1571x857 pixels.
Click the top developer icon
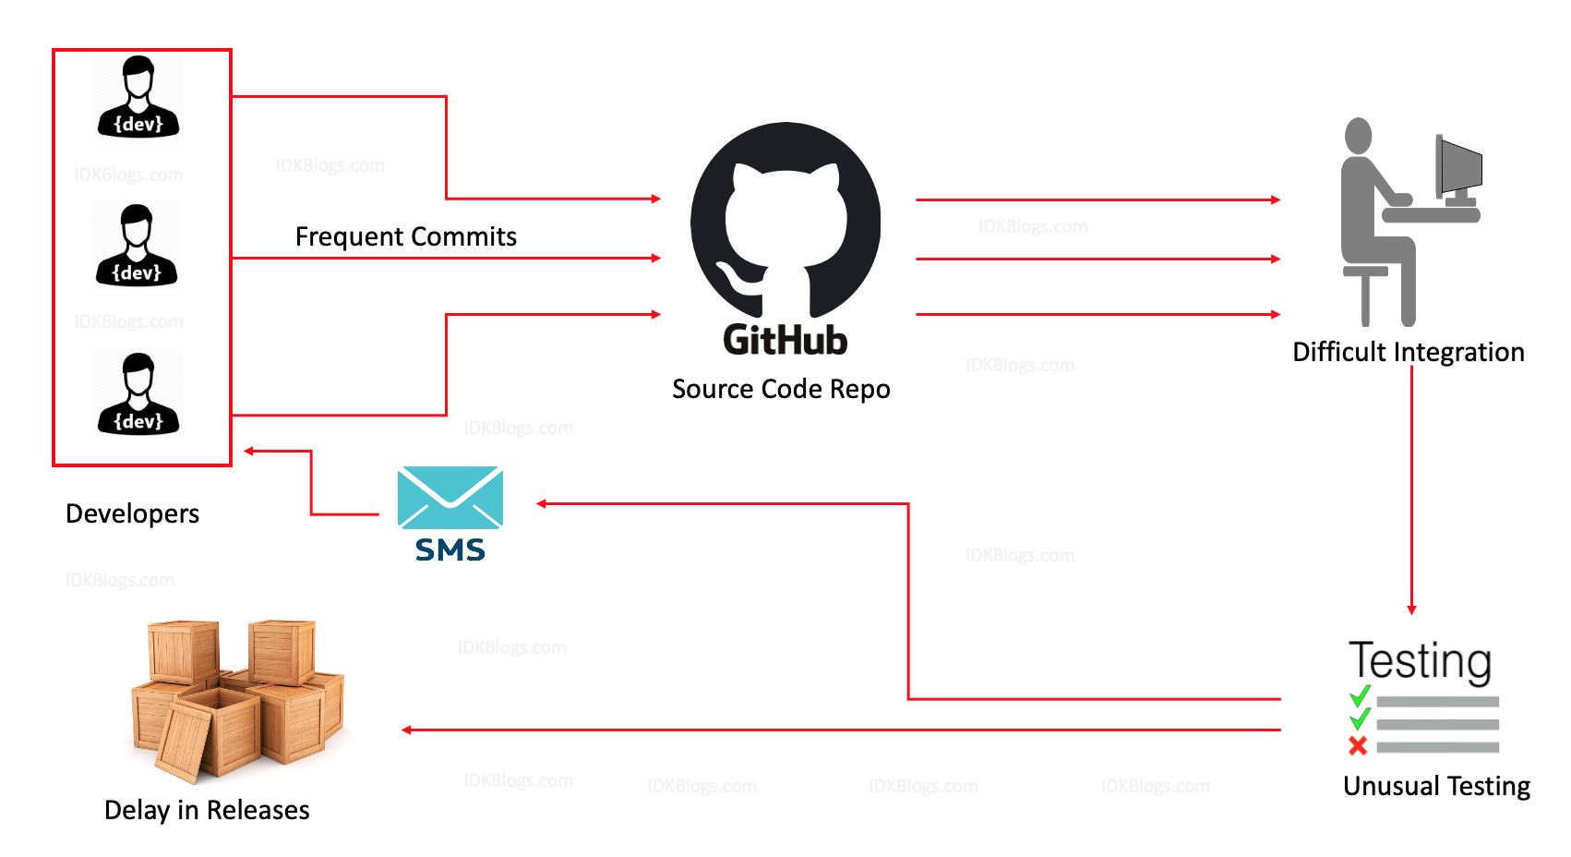point(138,97)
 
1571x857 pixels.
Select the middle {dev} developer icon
point(137,246)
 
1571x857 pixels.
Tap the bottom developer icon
point(138,394)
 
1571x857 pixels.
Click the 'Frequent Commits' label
point(405,237)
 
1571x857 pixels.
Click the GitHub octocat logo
point(785,222)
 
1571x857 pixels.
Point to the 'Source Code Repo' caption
point(781,389)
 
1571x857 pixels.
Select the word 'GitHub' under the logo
point(785,341)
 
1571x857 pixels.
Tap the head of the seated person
point(1358,135)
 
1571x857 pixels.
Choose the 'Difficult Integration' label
point(1408,352)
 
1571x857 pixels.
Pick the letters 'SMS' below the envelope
point(450,550)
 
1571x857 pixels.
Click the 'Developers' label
point(133,513)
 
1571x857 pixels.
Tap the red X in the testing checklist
point(1358,745)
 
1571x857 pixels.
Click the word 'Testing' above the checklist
point(1420,661)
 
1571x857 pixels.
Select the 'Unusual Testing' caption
point(1436,786)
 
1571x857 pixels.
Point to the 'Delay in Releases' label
point(207,810)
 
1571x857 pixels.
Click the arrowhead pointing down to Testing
point(1411,610)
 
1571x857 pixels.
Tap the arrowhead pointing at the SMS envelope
point(542,503)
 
